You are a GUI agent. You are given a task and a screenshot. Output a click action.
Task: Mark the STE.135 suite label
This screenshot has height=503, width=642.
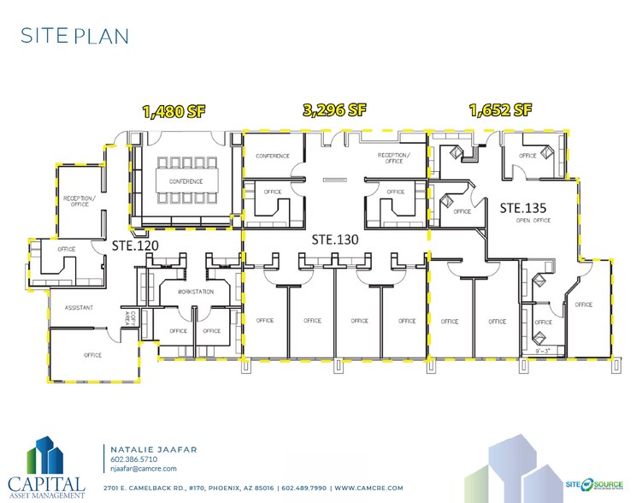[523, 207]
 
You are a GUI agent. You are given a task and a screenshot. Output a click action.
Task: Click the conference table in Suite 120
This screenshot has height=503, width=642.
[186, 180]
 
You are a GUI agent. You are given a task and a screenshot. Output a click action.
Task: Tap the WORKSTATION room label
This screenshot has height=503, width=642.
[195, 293]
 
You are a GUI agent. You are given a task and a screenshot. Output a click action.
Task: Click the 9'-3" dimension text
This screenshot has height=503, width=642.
[542, 350]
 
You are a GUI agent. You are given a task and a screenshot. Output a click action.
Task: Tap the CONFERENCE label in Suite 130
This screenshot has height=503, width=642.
[273, 156]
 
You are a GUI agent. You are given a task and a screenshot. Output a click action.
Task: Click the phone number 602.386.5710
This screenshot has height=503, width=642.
[133, 459]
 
